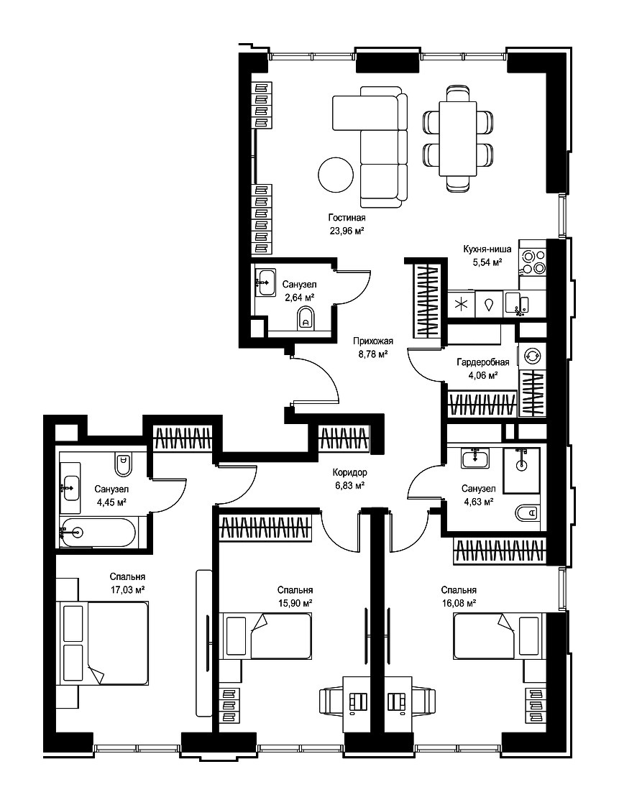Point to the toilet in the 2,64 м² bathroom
coord(305,319)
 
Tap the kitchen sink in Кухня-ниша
coord(515,303)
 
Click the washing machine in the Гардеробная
coord(532,355)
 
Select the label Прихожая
coord(372,341)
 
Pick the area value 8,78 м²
coord(372,353)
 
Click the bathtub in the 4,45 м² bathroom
coord(98,533)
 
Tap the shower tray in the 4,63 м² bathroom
coord(522,470)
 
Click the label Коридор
coord(349,472)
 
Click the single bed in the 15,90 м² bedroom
coord(268,635)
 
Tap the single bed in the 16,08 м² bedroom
coord(498,635)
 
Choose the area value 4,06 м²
coord(482,375)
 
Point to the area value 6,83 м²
coord(349,485)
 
